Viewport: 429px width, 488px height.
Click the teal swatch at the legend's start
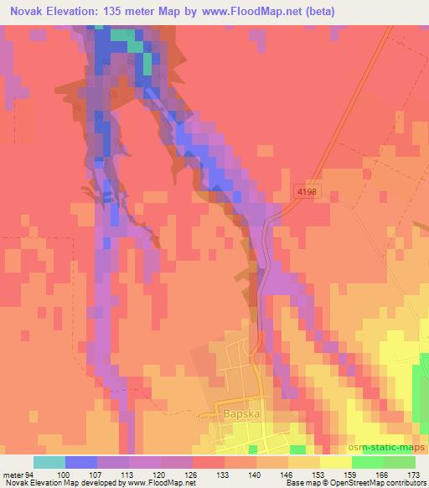(x=49, y=462)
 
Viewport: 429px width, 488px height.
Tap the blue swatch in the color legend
(x=81, y=462)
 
